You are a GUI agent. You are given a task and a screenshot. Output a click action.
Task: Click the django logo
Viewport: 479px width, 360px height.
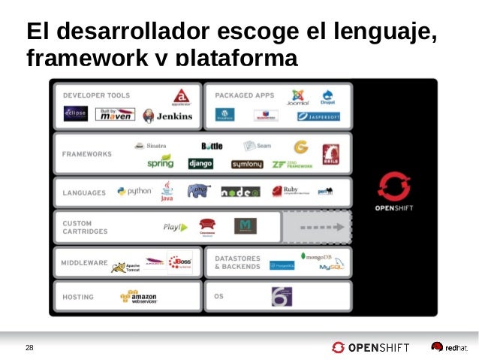click(x=200, y=163)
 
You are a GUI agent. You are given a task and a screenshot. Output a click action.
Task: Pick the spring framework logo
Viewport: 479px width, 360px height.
click(x=160, y=162)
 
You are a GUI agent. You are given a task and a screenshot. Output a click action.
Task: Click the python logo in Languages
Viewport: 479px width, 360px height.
click(x=134, y=192)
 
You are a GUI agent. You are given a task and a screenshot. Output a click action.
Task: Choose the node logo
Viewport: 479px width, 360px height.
click(x=240, y=192)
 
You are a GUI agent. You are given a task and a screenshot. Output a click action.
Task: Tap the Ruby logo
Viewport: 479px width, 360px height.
click(x=290, y=191)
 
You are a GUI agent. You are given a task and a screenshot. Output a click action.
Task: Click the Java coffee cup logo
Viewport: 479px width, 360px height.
click(x=167, y=191)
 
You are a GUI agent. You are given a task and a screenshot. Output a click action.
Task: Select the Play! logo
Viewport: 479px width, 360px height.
click(x=175, y=227)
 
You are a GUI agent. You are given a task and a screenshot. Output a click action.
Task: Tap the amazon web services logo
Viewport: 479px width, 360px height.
click(x=138, y=297)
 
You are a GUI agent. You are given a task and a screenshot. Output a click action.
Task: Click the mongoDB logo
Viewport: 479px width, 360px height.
click(x=321, y=256)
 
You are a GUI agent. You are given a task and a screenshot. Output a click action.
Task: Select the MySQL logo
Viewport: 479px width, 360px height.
click(x=331, y=268)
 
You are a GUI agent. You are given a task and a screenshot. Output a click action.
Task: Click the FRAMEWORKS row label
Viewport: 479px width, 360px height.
click(x=86, y=154)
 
